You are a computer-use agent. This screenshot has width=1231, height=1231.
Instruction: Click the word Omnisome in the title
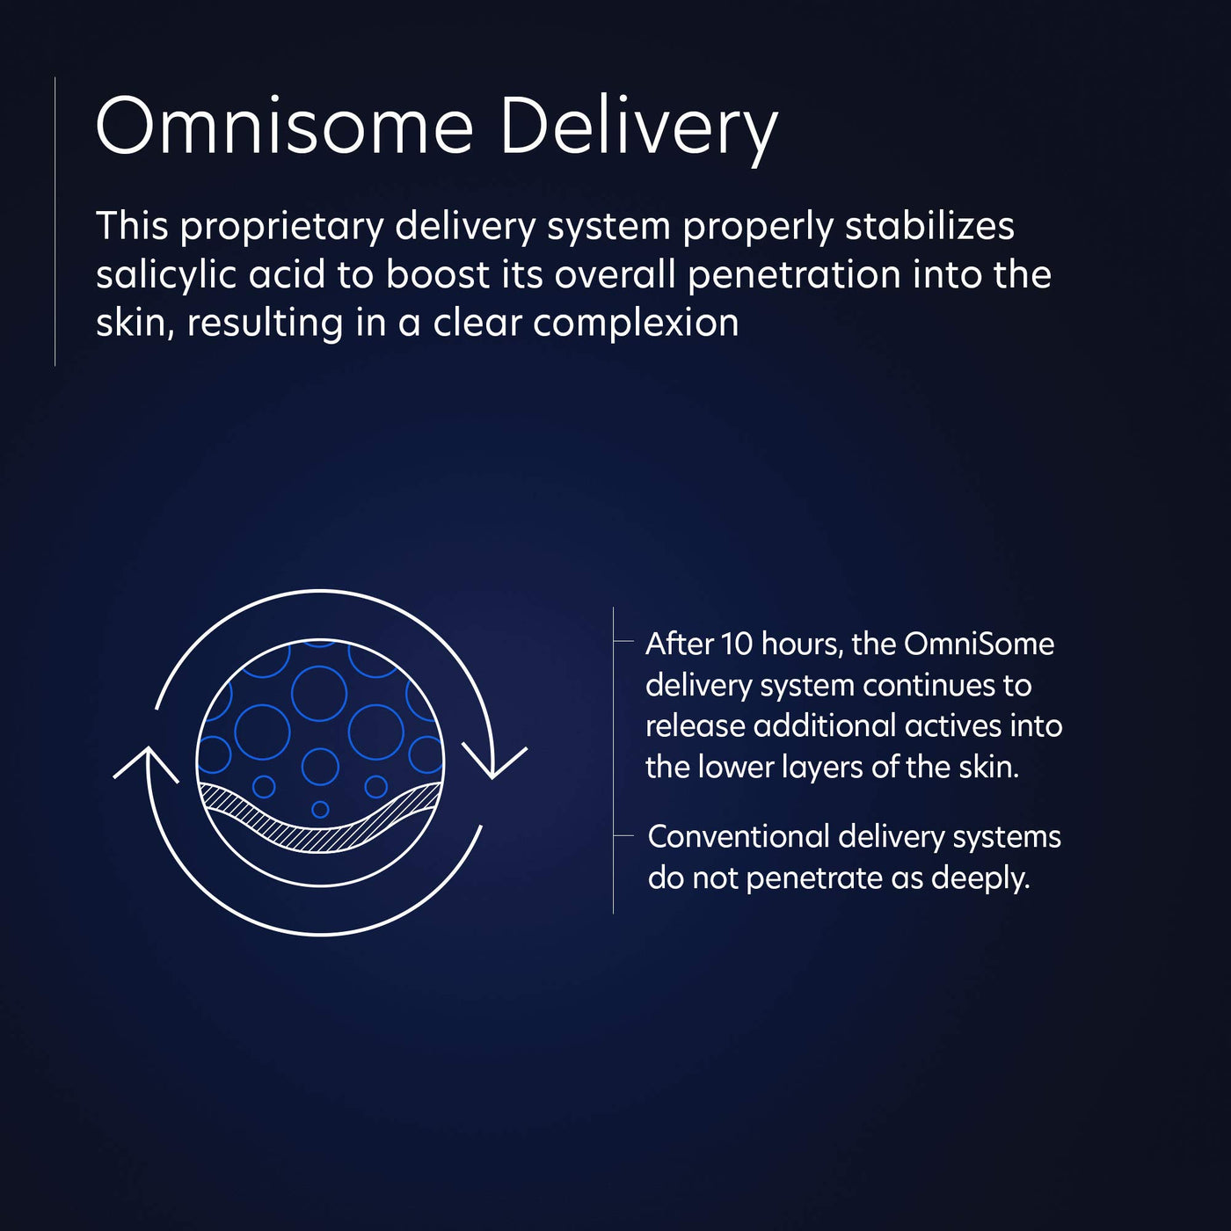coord(284,125)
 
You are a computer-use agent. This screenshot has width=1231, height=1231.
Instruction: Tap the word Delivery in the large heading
coord(639,131)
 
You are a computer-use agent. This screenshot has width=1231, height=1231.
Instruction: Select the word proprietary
coord(281,228)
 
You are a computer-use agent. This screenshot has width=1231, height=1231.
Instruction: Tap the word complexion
coord(636,324)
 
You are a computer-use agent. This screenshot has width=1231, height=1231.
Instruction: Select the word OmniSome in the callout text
coord(980,644)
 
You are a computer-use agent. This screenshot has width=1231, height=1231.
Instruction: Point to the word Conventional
coord(738,837)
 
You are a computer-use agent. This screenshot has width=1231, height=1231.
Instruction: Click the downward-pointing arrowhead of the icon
coord(494,763)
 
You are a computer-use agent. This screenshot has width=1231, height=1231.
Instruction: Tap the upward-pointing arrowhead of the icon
coord(146,764)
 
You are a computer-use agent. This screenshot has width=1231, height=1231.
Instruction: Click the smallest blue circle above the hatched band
coord(320,809)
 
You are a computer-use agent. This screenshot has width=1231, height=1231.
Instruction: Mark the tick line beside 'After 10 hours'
coord(623,640)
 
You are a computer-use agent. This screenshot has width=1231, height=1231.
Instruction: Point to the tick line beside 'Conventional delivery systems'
coord(623,835)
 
